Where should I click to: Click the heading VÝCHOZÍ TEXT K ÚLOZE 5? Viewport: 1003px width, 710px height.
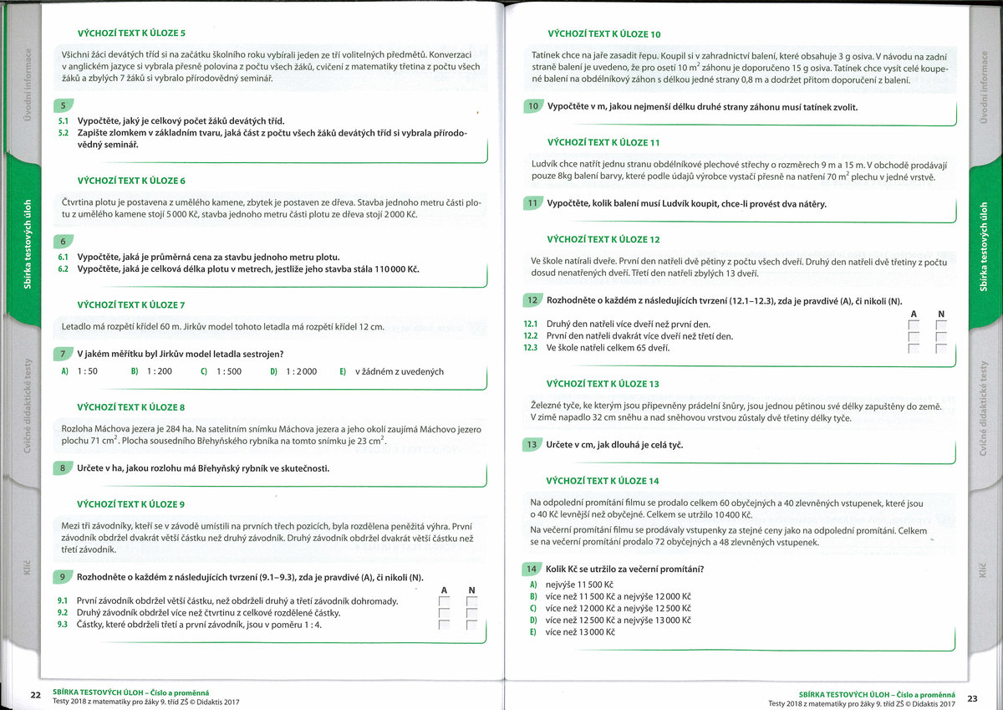pyautogui.click(x=131, y=33)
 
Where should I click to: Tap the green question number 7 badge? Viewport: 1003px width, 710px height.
pyautogui.click(x=63, y=354)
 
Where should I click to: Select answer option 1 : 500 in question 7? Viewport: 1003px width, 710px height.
pyautogui.click(x=228, y=371)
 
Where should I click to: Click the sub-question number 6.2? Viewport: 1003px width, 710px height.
pyautogui.click(x=64, y=269)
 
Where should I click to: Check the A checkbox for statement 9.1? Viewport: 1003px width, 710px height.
pyautogui.click(x=444, y=601)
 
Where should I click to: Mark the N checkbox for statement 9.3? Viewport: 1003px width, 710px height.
pyautogui.click(x=471, y=625)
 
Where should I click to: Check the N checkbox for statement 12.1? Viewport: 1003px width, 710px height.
pyautogui.click(x=940, y=324)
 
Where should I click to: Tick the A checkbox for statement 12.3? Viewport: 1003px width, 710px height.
pyautogui.click(x=914, y=349)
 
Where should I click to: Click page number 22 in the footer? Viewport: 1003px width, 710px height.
pyautogui.click(x=36, y=695)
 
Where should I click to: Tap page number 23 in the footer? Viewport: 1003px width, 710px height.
pyautogui.click(x=972, y=697)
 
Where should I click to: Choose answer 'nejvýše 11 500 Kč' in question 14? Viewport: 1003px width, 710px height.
pyautogui.click(x=579, y=585)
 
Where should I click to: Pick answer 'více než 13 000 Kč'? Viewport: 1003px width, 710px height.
pyautogui.click(x=580, y=631)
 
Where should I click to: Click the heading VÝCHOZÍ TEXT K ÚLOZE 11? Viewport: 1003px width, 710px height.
pyautogui.click(x=603, y=142)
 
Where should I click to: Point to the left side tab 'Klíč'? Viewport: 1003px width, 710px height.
pyautogui.click(x=23, y=571)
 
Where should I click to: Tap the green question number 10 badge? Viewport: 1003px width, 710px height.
pyautogui.click(x=532, y=106)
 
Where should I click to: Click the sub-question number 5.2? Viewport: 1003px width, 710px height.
pyautogui.click(x=64, y=133)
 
